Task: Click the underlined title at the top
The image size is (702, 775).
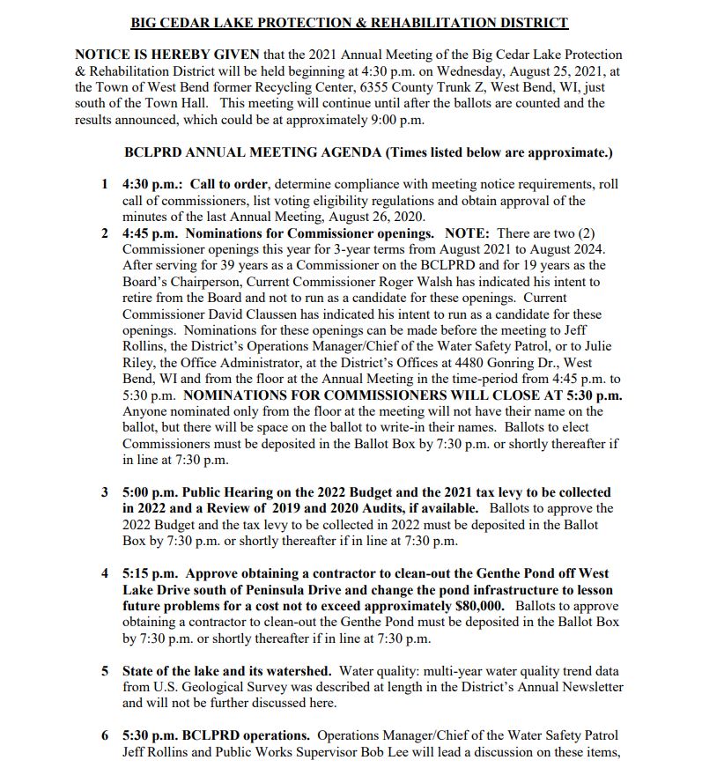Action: tap(349, 23)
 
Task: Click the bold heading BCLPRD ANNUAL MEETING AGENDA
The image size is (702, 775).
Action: tap(254, 152)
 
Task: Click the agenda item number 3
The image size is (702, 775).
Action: tap(105, 492)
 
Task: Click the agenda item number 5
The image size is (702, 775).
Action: tap(105, 671)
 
